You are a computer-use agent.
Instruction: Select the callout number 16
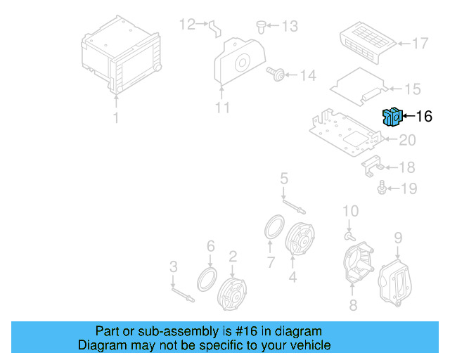pos(424,117)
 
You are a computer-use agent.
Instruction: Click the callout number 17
pos(420,44)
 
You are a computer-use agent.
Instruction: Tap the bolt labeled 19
pos(382,188)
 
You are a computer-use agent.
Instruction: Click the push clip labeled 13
pos(262,27)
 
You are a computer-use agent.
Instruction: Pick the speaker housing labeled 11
pos(241,62)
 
